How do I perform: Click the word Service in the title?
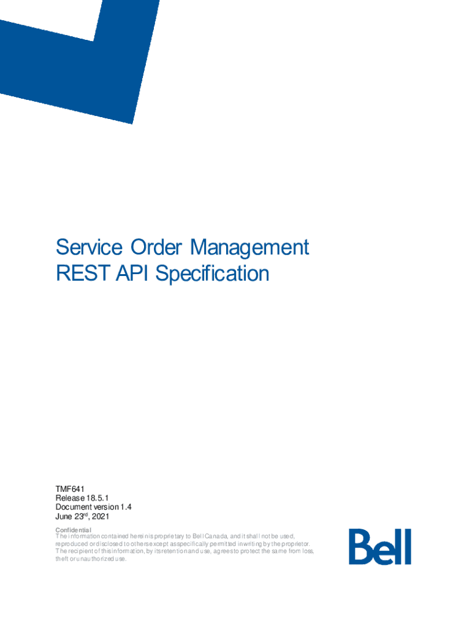(x=87, y=248)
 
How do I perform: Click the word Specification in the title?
(x=212, y=274)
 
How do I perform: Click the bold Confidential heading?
(x=73, y=530)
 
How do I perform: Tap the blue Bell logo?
(x=380, y=546)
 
